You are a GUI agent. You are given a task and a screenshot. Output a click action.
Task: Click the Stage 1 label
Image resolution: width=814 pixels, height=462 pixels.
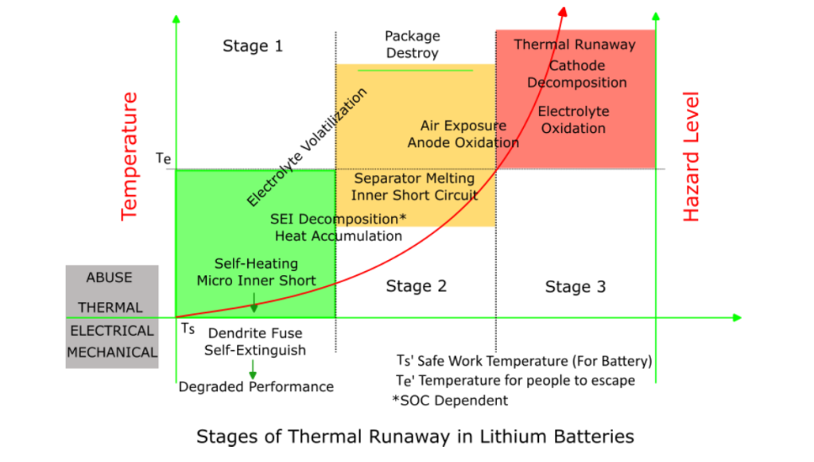click(x=252, y=45)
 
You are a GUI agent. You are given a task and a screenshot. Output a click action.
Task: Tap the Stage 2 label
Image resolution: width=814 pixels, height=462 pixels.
click(x=416, y=285)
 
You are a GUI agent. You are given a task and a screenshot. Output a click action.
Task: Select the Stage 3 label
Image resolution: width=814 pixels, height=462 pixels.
click(x=575, y=286)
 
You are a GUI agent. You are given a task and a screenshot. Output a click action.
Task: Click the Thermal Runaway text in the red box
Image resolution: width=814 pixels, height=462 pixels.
click(x=574, y=45)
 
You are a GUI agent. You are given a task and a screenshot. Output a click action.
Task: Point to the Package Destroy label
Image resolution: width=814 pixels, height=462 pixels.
click(x=412, y=45)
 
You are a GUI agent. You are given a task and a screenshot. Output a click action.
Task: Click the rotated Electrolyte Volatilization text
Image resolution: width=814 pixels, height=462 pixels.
click(x=307, y=147)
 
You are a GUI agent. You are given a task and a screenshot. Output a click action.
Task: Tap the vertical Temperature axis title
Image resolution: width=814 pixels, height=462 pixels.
click(x=130, y=155)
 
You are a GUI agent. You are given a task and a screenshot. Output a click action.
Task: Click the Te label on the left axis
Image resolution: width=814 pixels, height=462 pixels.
click(x=163, y=158)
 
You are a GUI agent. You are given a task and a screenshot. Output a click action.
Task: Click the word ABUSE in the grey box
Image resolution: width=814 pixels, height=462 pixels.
click(x=109, y=278)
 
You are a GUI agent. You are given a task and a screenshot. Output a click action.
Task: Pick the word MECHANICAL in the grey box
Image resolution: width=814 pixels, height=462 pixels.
click(x=112, y=352)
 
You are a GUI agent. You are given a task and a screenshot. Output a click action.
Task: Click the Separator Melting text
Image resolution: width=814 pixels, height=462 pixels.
click(x=414, y=179)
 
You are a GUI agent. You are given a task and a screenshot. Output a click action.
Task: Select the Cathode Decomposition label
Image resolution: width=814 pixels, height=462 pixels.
click(x=576, y=74)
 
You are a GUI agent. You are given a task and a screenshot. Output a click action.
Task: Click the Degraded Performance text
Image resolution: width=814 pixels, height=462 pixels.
click(x=256, y=386)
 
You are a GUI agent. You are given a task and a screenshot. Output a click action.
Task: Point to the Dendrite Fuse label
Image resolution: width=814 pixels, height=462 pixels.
click(x=255, y=334)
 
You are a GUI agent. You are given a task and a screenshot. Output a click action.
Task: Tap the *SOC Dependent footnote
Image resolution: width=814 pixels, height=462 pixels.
click(x=450, y=400)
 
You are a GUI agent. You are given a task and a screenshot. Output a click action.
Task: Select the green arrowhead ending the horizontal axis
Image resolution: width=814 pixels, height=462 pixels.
click(x=737, y=318)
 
